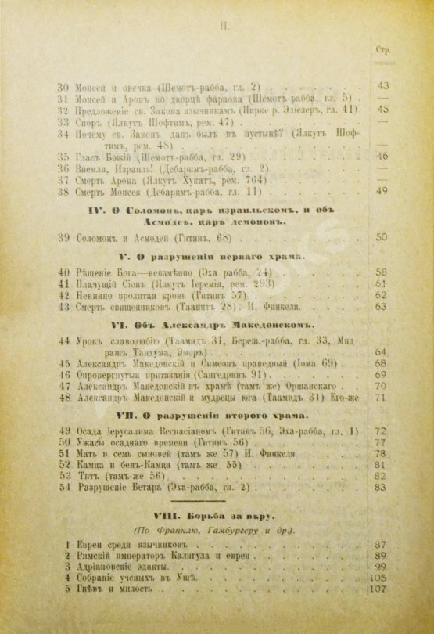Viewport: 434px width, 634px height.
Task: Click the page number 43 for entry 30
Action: click(x=383, y=85)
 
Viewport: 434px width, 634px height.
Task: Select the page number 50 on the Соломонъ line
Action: click(x=382, y=236)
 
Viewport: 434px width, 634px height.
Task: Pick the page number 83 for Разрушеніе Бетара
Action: click(x=382, y=488)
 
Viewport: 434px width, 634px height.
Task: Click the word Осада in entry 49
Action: click(x=93, y=430)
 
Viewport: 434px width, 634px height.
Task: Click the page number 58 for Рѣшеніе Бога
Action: click(x=382, y=271)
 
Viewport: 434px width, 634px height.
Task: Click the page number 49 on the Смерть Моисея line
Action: click(x=382, y=190)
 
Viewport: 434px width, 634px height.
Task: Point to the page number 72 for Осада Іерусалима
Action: click(x=382, y=430)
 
